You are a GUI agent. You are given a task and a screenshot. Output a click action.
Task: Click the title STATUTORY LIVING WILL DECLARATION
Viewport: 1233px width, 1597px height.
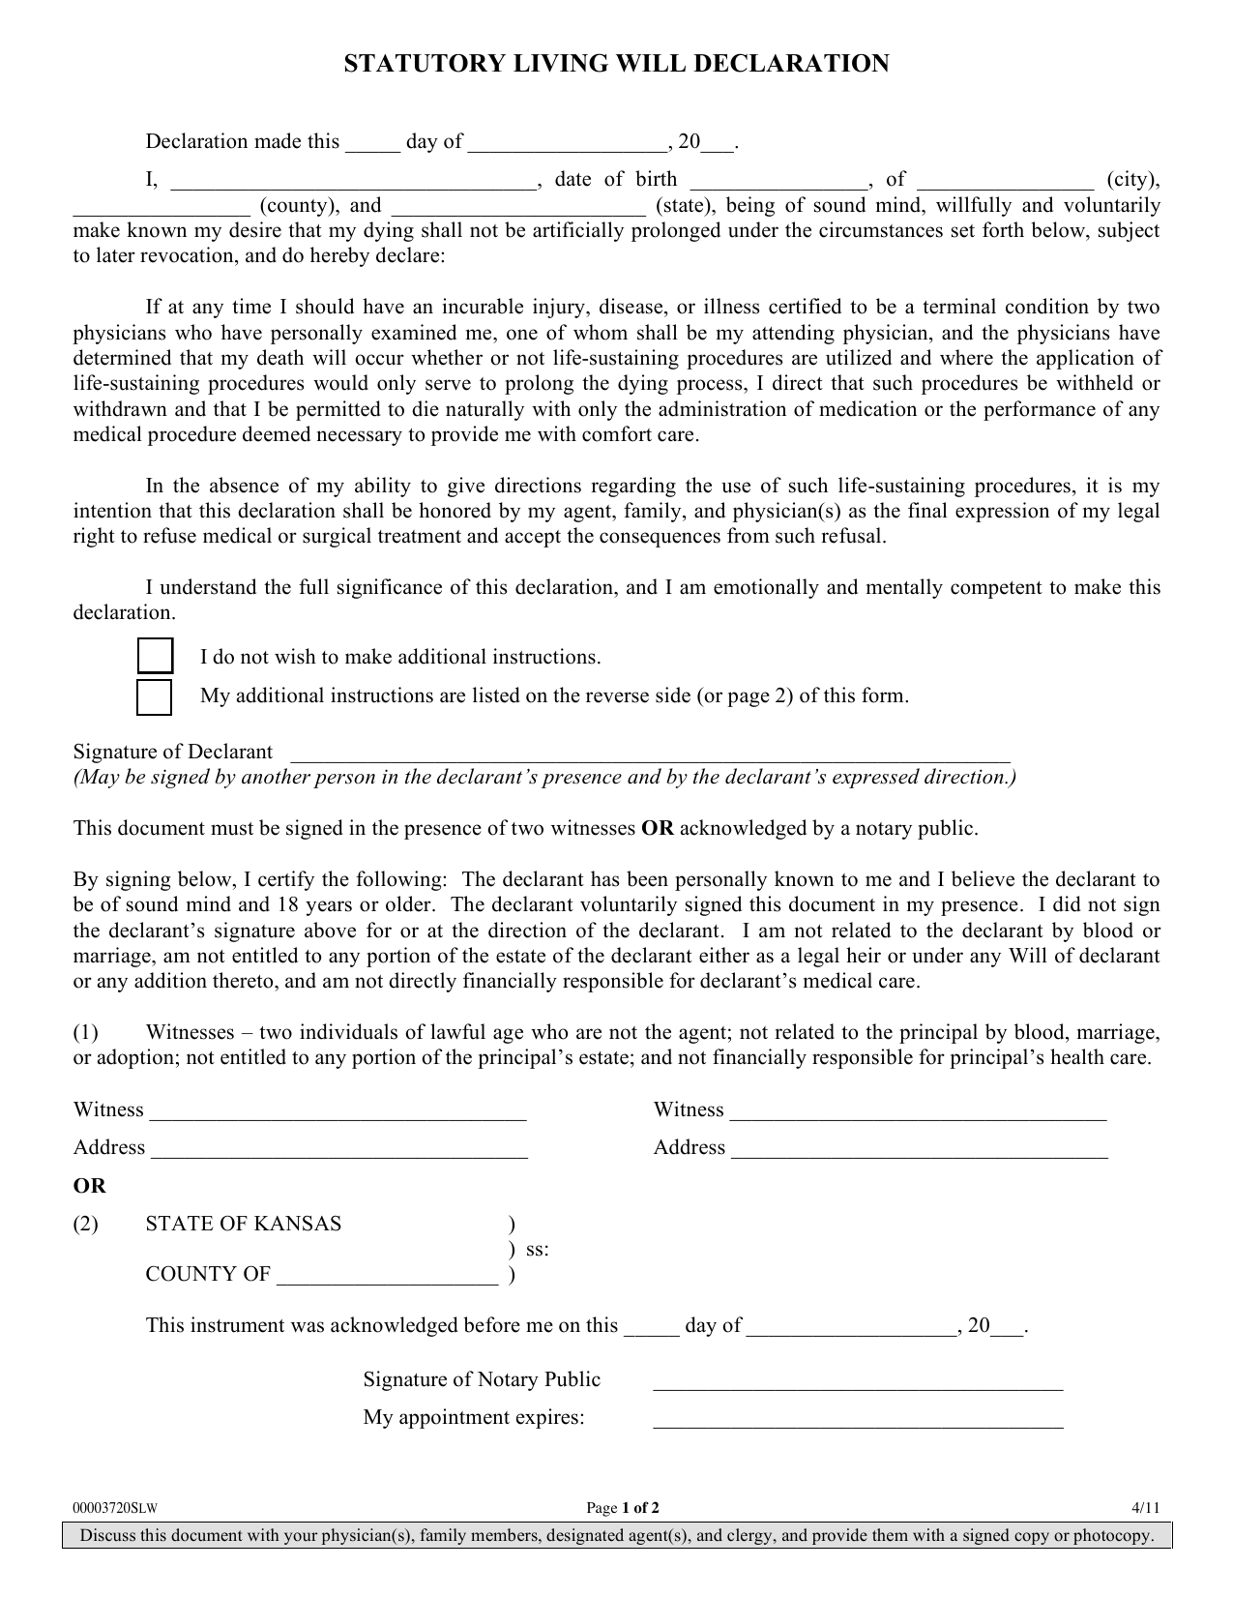[616, 65]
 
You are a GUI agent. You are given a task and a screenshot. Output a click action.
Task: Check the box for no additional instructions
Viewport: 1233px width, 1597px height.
[155, 656]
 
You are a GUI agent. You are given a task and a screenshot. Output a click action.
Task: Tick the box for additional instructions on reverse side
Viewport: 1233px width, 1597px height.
[155, 696]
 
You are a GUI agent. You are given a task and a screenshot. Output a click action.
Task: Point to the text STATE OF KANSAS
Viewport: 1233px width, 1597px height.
[244, 1224]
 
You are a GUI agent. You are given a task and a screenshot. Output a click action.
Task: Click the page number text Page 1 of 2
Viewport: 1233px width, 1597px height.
[624, 1508]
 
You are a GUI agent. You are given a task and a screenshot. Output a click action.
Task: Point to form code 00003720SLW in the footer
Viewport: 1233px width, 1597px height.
[115, 1508]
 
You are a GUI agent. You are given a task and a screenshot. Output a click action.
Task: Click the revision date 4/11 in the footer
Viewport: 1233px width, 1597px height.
[1145, 1508]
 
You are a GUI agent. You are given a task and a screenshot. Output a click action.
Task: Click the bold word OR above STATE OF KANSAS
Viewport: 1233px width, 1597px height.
[90, 1186]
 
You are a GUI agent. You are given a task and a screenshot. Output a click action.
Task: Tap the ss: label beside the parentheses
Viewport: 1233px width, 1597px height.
[538, 1249]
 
